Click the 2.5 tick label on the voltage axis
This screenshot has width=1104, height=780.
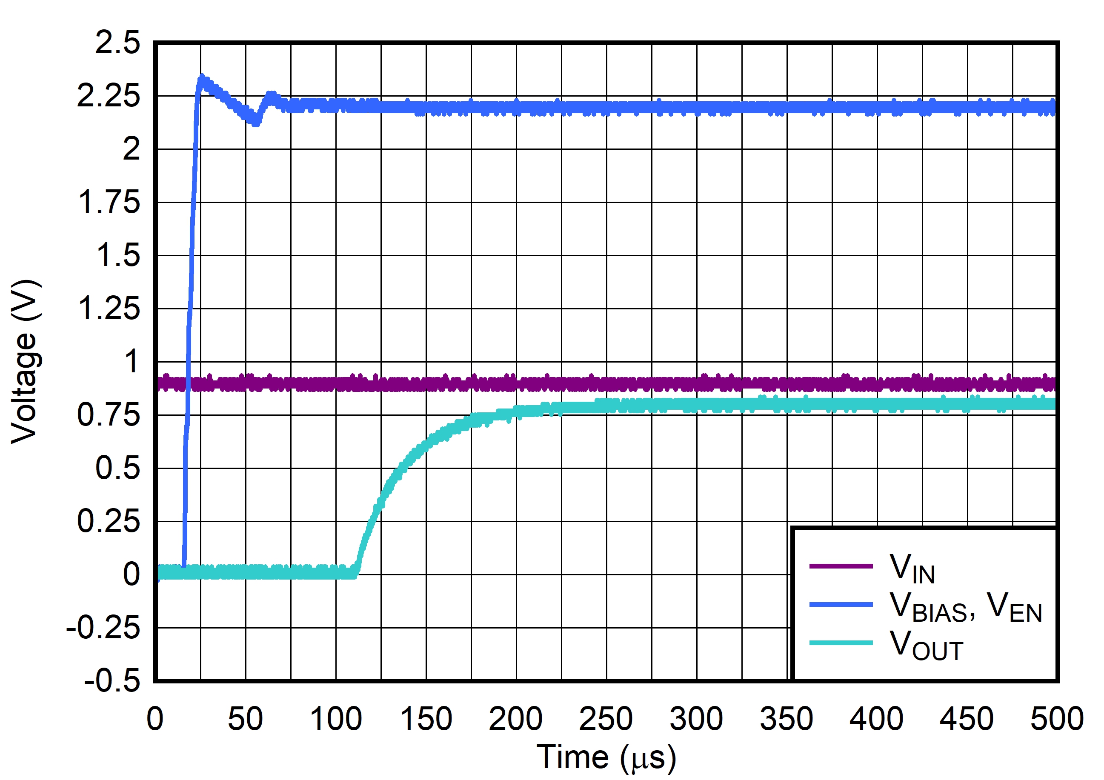(117, 43)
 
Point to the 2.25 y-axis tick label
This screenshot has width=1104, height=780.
(109, 96)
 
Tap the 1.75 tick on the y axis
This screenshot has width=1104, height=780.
(109, 202)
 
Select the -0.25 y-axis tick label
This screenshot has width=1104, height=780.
(103, 628)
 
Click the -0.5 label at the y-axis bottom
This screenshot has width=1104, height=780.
(112, 681)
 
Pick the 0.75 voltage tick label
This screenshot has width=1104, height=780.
(109, 415)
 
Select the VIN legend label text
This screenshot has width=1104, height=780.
(912, 569)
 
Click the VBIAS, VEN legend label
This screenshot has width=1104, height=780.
(966, 607)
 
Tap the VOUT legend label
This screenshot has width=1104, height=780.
(926, 646)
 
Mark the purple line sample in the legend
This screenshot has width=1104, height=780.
(841, 566)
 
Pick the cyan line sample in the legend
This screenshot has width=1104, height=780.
(841, 643)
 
